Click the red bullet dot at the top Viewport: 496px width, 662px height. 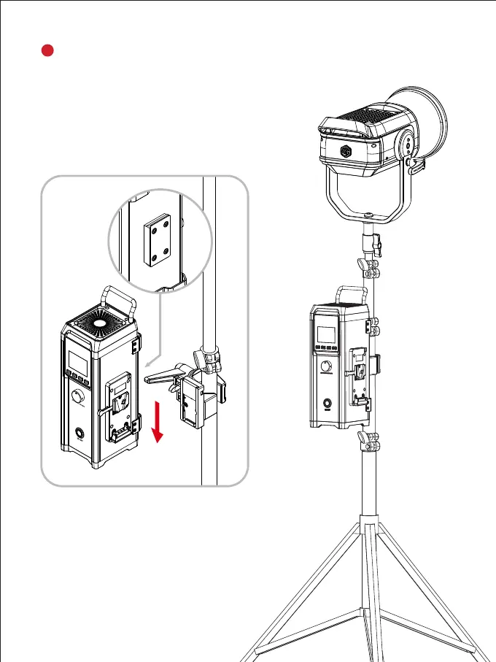[46, 50]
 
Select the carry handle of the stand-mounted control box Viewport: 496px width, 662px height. [349, 296]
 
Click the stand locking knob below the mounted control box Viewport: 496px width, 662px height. [371, 440]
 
